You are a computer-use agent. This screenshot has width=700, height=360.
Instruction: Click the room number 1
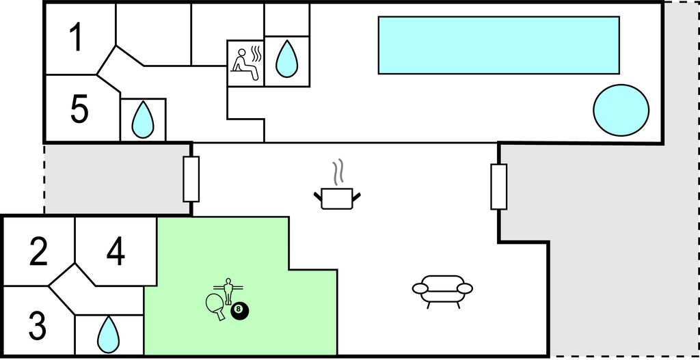tap(77, 37)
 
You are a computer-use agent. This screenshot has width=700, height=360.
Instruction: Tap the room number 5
tap(79, 109)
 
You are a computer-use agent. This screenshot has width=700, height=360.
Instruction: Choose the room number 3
tap(38, 326)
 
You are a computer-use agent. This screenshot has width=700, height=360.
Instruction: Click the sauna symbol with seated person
tap(245, 63)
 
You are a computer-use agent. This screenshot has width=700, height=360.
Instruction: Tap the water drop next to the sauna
tap(287, 59)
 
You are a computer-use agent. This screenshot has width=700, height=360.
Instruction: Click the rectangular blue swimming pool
tap(498, 45)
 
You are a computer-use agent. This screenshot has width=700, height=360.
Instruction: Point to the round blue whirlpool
tap(621, 109)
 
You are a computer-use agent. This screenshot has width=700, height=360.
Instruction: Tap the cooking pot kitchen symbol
tap(337, 198)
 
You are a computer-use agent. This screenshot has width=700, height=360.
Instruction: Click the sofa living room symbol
tap(442, 290)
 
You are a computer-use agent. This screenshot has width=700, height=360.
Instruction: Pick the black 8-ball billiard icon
tap(239, 311)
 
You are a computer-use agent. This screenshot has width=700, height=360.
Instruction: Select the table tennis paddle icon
tap(216, 305)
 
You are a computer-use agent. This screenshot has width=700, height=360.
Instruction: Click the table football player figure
tap(228, 290)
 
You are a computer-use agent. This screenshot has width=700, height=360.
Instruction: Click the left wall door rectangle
tap(191, 179)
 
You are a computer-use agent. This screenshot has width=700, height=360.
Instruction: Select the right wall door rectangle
tap(499, 186)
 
